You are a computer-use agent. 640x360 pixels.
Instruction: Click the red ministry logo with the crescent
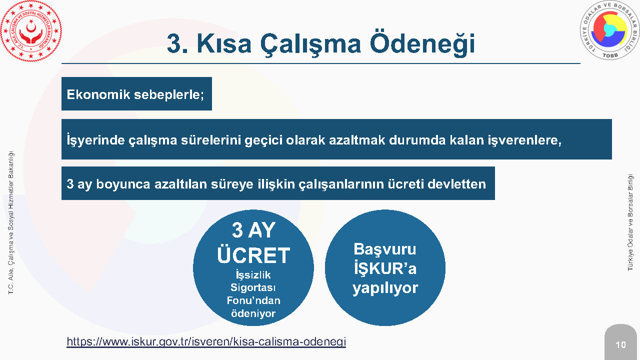(31, 31)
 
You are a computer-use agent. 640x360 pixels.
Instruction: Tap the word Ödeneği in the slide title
(422, 44)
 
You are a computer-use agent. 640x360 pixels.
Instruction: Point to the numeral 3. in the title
(177, 43)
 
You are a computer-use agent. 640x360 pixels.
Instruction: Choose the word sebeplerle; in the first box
(169, 95)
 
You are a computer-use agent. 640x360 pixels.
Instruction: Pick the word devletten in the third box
(456, 183)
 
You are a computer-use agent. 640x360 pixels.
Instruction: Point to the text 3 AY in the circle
(253, 230)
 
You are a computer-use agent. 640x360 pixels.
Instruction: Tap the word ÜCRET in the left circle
(253, 255)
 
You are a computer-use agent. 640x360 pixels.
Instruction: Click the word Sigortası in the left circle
(253, 287)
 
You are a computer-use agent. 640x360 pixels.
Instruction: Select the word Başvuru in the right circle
(385, 249)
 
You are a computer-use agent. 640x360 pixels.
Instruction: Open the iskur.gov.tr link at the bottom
(206, 341)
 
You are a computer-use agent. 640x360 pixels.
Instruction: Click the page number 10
(620, 345)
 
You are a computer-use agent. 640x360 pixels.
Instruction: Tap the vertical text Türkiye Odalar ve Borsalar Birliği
(630, 222)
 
